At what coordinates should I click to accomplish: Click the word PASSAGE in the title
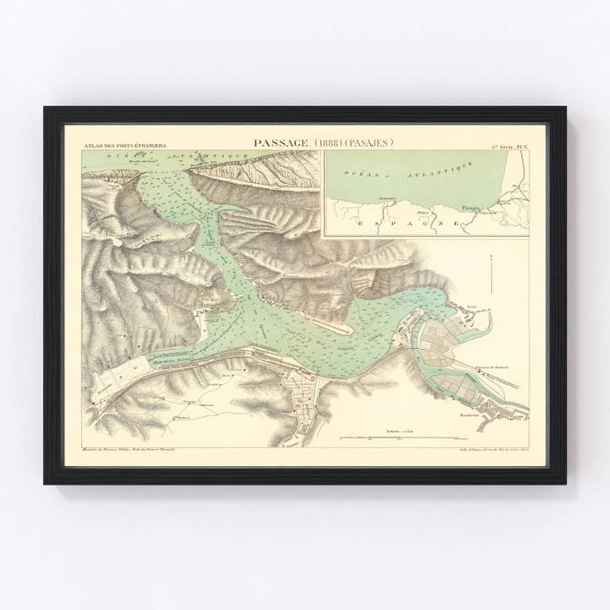click(x=282, y=143)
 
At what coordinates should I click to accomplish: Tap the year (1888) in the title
click(x=332, y=143)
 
